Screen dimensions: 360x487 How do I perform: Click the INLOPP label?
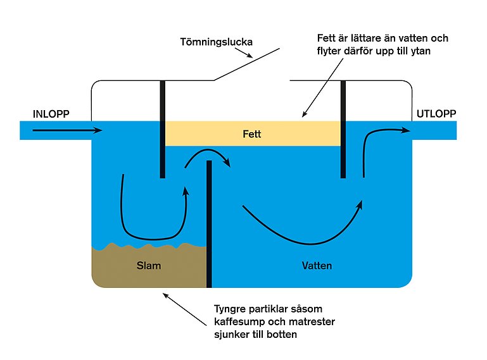51,114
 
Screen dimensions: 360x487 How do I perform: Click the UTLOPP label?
436,115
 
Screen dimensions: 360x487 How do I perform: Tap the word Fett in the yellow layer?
251,135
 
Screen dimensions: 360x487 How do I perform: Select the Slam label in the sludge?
149,266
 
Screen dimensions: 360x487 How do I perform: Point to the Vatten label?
317,266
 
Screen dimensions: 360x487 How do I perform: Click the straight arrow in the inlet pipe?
66,130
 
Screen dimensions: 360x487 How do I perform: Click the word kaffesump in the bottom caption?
236,322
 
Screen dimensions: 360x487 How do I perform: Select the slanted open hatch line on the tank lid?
247,63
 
